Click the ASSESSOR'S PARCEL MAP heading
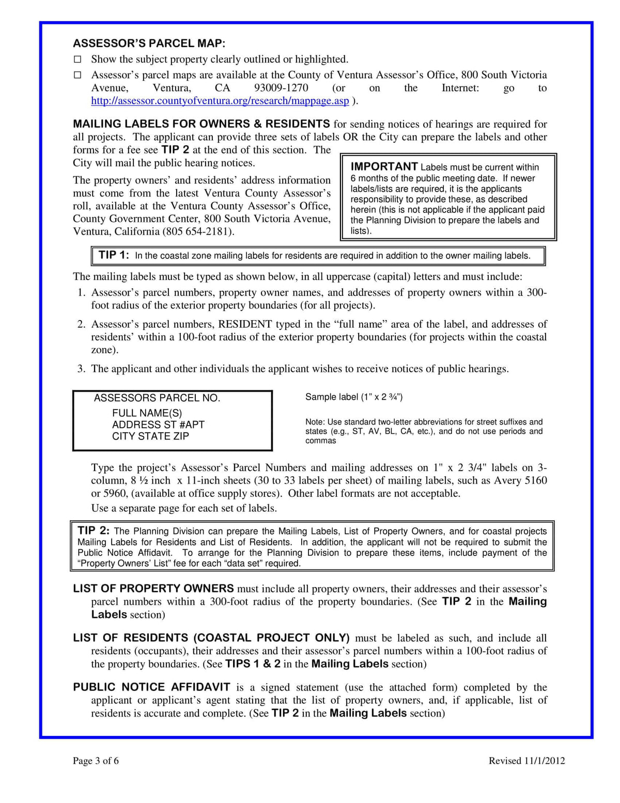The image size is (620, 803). (149, 43)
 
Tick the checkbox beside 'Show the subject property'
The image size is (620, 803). (78, 59)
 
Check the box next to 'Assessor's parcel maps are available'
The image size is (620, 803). (78, 75)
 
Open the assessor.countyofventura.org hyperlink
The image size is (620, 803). (220, 101)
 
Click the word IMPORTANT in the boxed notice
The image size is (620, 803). (384, 166)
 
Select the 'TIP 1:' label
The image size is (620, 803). (114, 255)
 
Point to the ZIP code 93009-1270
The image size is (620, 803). (281, 88)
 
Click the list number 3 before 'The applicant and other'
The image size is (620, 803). (81, 369)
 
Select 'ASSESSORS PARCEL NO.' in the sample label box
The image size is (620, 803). (157, 398)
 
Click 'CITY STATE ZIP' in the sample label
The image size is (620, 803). (150, 436)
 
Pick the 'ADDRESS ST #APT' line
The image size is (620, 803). (158, 425)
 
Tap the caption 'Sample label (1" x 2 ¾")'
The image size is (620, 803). (354, 397)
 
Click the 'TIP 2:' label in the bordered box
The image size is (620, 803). (94, 531)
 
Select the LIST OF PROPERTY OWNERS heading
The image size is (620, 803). (153, 588)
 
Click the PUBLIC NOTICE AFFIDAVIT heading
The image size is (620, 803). (151, 687)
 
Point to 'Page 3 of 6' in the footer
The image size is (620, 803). (96, 761)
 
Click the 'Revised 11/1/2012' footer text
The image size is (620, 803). (526, 761)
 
